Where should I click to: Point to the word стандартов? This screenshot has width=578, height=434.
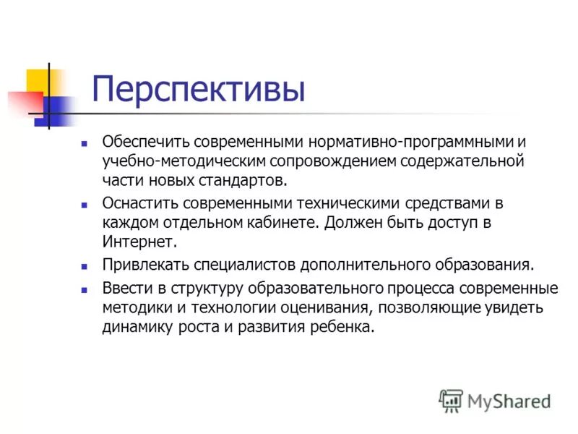pos(245,179)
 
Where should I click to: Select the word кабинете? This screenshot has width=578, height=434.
pos(284,222)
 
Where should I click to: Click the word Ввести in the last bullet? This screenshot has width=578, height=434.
pos(124,289)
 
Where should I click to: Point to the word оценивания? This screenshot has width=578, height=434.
pos(328,307)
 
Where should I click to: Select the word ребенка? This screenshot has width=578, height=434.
pos(344,326)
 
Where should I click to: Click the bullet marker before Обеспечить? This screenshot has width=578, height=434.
pos(85,142)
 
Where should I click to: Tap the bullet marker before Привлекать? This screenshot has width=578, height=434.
pos(85,265)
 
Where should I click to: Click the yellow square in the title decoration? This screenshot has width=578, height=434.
pos(38,80)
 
